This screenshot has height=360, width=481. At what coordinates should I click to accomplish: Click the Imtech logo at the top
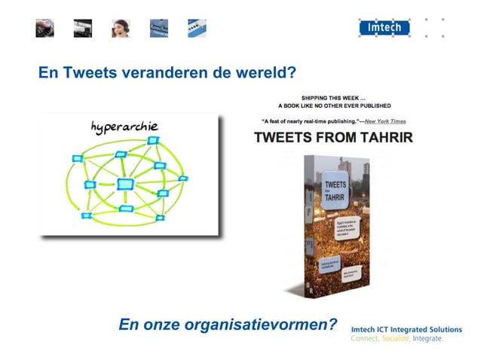pyautogui.click(x=384, y=28)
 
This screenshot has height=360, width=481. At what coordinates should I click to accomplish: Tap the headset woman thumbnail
pyautogui.click(x=121, y=29)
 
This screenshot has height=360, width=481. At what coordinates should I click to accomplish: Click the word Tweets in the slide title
pyautogui.click(x=90, y=74)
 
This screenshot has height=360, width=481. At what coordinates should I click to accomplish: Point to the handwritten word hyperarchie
pyautogui.click(x=124, y=126)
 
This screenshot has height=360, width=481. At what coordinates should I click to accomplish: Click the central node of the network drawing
pyautogui.click(x=126, y=184)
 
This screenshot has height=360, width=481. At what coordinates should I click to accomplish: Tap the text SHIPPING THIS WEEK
pyautogui.click(x=332, y=98)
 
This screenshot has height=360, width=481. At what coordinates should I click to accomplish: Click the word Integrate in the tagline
pyautogui.click(x=428, y=339)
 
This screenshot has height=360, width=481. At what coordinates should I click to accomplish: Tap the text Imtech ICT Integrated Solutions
pyautogui.click(x=406, y=329)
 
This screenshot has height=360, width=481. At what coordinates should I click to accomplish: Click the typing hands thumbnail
pyautogui.click(x=44, y=29)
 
